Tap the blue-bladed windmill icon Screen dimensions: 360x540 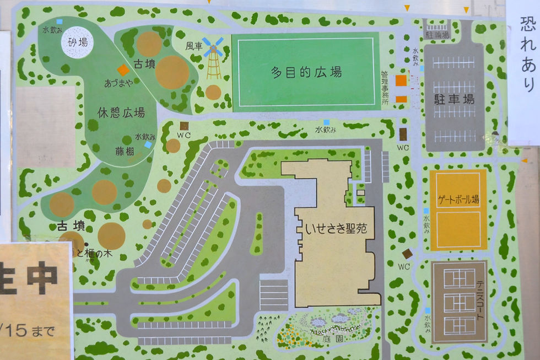[213, 47]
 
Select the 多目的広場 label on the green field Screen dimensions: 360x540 [306, 72]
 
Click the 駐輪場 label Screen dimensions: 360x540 [438, 34]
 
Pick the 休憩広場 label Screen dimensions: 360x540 [121, 113]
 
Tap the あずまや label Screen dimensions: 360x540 [118, 83]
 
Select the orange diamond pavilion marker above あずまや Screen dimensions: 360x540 [123, 70]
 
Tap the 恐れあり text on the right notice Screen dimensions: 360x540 [527, 53]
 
